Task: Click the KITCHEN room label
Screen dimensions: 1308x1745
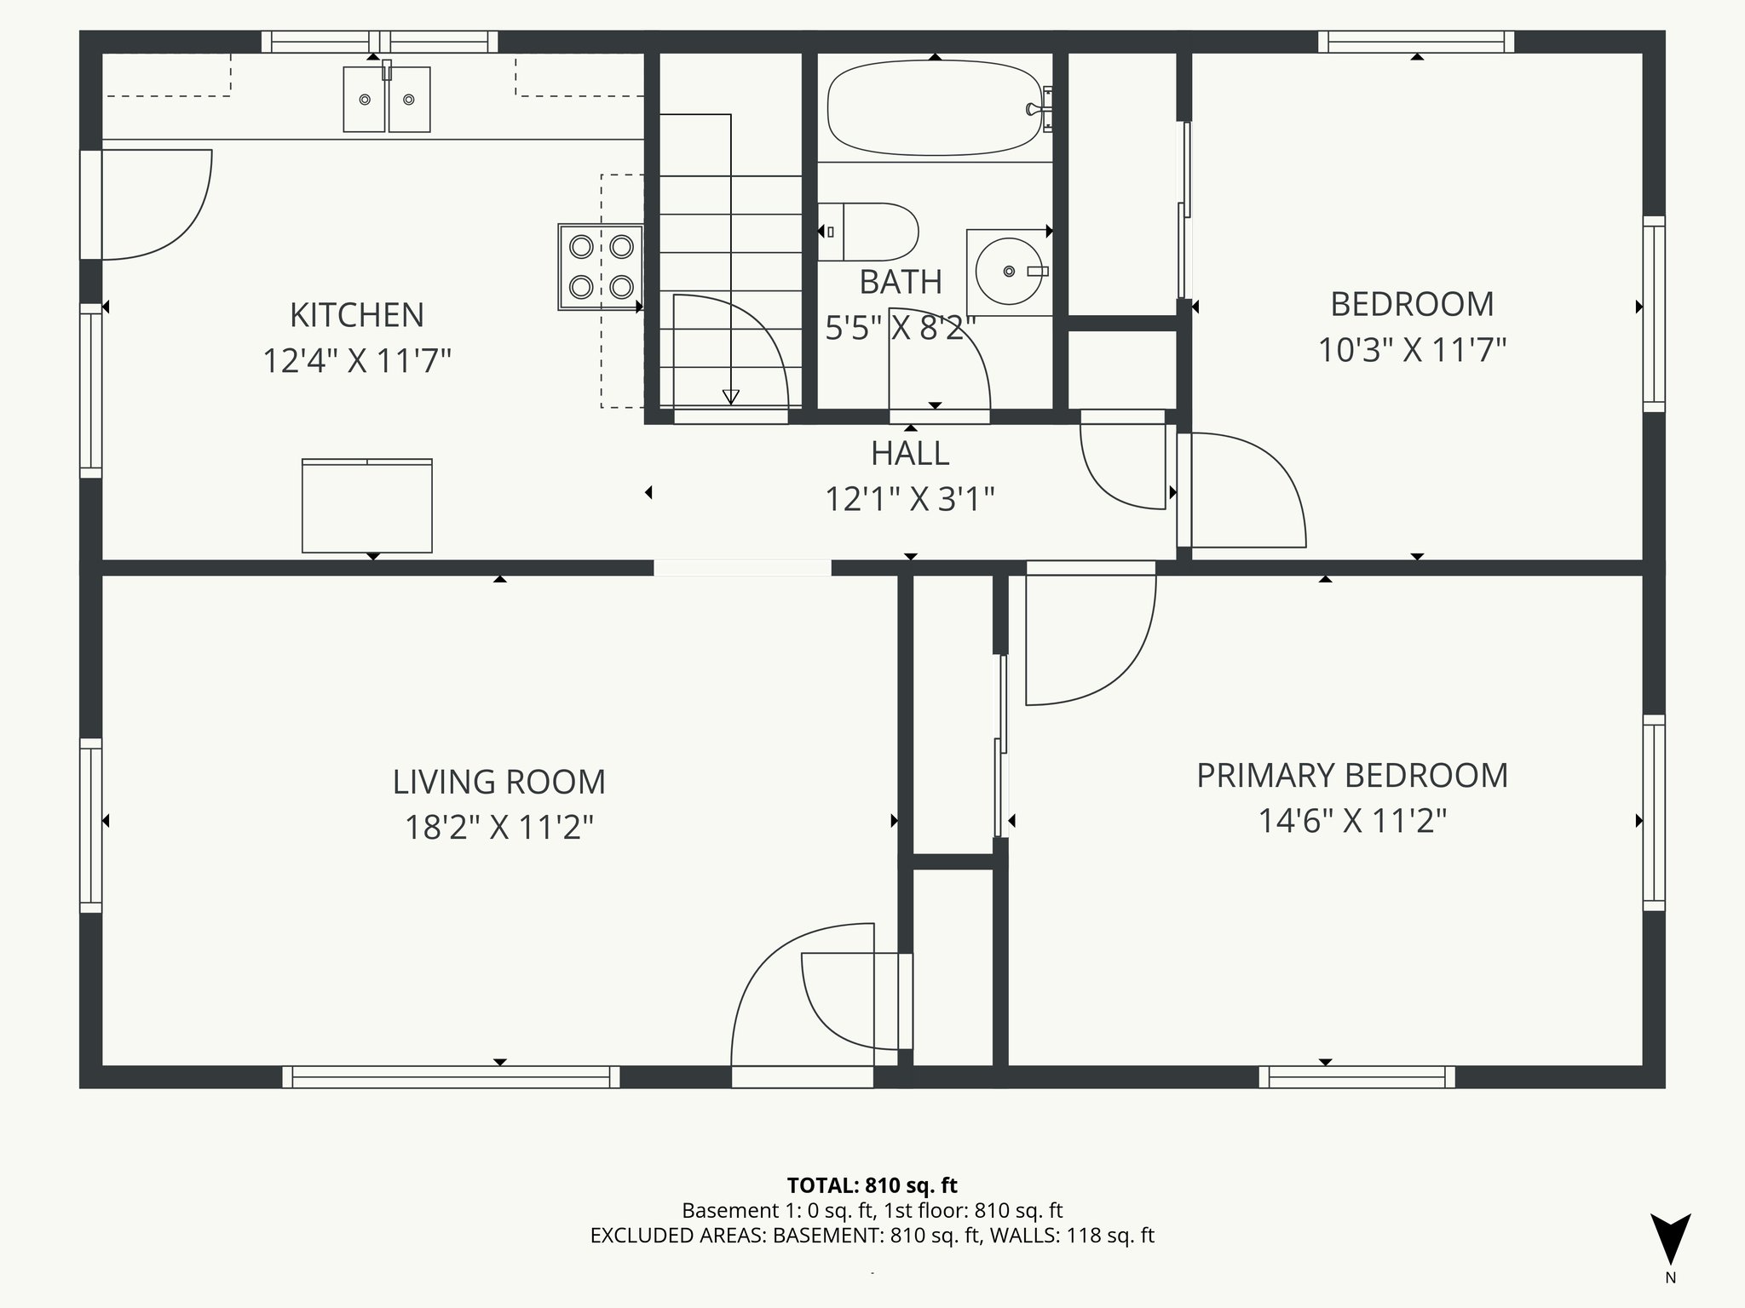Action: [356, 315]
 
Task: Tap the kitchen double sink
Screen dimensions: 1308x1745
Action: [387, 100]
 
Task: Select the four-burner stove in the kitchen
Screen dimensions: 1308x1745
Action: [600, 267]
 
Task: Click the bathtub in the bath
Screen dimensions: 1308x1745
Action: [935, 108]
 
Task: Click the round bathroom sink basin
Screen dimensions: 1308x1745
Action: [1010, 271]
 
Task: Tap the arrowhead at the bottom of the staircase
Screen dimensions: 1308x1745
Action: [730, 397]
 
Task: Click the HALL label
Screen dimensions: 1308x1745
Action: [909, 453]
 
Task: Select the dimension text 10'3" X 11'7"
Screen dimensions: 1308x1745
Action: [1412, 350]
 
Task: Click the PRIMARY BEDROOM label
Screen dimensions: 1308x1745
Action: [1351, 776]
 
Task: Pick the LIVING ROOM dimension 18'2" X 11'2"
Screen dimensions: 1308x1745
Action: [498, 827]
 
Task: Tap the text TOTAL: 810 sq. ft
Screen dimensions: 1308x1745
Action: [872, 1185]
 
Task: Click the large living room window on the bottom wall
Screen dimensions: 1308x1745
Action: [451, 1077]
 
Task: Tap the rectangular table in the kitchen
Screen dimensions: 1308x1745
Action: [366, 506]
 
